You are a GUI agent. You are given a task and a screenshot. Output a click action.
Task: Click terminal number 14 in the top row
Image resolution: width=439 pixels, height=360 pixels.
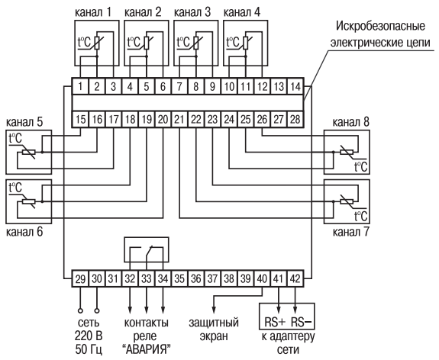(295, 87)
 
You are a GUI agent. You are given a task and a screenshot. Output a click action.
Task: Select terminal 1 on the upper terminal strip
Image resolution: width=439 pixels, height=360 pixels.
(81, 87)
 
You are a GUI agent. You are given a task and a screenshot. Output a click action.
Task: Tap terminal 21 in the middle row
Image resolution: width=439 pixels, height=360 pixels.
(179, 120)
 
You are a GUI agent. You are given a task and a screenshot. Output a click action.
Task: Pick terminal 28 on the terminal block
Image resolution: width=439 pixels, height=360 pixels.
(295, 120)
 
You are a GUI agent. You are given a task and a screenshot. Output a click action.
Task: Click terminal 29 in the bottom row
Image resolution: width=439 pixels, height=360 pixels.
(81, 278)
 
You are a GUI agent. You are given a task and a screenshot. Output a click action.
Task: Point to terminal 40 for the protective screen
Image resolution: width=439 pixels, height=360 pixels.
(263, 278)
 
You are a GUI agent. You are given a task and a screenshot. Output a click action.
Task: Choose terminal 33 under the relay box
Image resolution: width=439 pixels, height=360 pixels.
(147, 278)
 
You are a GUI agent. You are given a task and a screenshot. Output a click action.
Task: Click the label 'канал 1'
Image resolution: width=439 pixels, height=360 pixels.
(93, 13)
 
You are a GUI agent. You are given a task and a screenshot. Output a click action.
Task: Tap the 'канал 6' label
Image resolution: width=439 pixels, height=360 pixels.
(24, 232)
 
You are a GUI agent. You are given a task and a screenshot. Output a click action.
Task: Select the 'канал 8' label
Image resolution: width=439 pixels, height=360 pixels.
(350, 123)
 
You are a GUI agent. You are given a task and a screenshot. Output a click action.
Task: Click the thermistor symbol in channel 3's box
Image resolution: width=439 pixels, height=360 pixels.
(196, 43)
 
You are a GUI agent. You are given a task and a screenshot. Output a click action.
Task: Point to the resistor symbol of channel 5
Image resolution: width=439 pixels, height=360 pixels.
(28, 153)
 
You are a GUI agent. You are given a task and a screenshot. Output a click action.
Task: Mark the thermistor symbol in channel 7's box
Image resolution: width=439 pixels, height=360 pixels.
(347, 201)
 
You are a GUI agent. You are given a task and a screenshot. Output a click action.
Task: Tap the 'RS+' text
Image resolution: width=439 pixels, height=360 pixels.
(275, 323)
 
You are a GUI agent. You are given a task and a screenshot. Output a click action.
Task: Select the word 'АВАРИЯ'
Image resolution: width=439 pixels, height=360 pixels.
(147, 350)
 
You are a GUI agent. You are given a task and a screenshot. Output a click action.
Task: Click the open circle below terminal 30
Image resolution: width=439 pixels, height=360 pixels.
(97, 310)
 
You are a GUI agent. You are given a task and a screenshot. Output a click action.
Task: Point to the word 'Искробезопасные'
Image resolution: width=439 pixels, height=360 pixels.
(380, 26)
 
